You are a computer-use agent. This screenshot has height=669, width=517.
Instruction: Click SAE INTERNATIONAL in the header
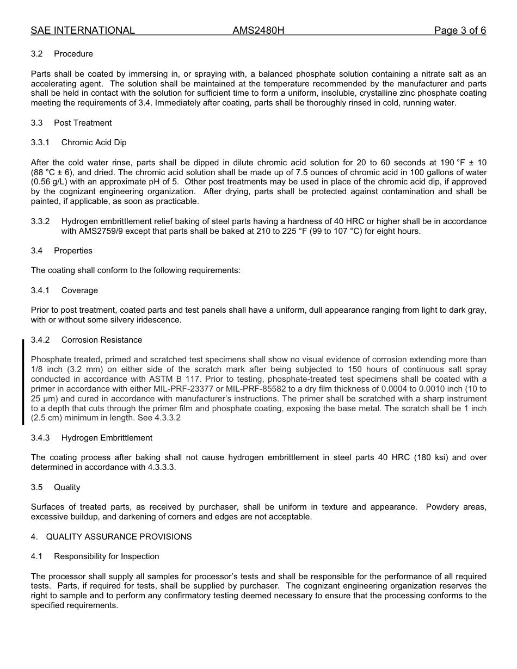[83, 30]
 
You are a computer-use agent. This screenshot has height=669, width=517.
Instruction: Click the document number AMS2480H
[258, 30]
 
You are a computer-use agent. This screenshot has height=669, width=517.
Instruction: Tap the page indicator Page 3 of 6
[460, 30]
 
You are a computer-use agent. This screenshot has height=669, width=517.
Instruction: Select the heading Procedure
[73, 54]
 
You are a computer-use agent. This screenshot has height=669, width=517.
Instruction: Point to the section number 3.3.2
[40, 221]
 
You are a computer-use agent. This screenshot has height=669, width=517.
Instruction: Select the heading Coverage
[79, 290]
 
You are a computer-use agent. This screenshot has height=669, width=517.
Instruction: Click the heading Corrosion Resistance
[101, 340]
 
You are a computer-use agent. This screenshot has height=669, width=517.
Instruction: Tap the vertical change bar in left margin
[23, 381]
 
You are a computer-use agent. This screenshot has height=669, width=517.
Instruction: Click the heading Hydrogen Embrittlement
[107, 438]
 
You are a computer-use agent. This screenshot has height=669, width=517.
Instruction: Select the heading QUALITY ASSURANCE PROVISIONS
[119, 537]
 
